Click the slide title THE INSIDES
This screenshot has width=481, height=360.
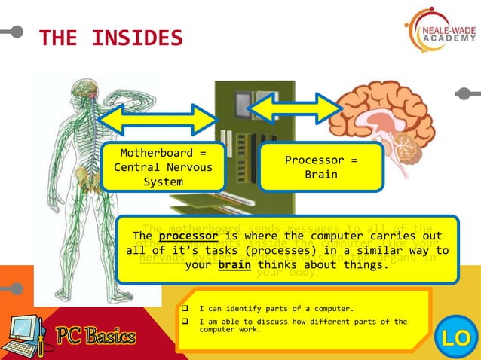coord(110,38)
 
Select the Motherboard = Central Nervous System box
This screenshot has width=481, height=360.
coord(163,167)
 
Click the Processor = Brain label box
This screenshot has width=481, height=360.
coord(321,167)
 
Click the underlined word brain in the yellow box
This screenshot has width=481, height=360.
coord(235,265)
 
